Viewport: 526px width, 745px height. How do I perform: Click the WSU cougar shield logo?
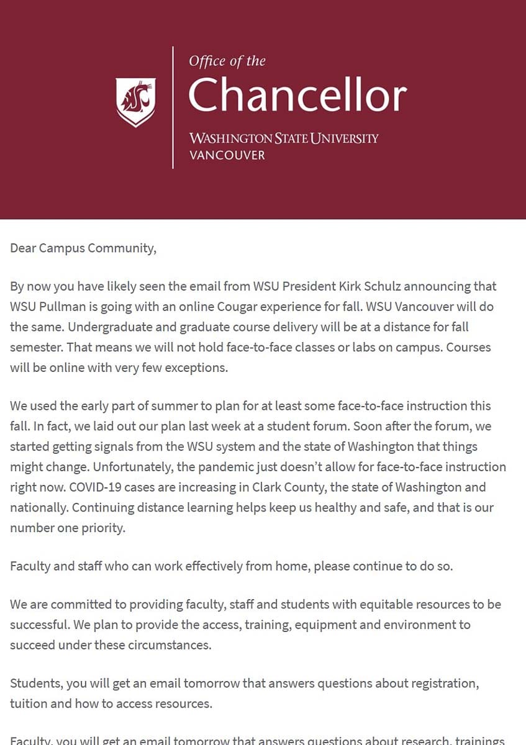[x=135, y=101]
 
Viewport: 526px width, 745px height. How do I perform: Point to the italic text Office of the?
[x=227, y=61]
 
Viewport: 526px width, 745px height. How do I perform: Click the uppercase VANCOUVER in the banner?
[x=227, y=155]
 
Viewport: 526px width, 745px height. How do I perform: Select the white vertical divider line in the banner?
[x=173, y=107]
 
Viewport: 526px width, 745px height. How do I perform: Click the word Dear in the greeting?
[x=23, y=248]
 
